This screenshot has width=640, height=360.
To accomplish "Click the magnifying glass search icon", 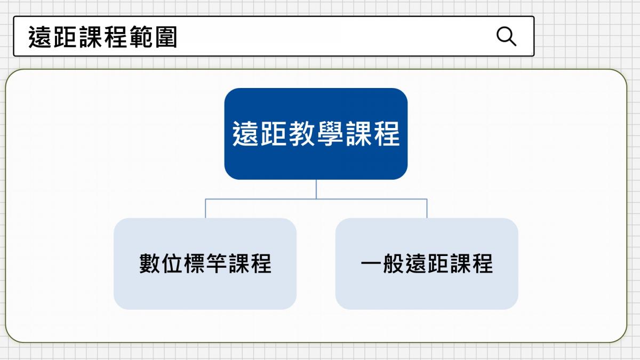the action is (x=506, y=36).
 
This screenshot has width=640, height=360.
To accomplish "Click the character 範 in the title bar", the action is (x=141, y=37).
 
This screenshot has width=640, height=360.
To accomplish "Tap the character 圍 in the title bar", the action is (x=166, y=37).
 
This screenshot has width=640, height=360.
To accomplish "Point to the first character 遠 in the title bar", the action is (x=40, y=37).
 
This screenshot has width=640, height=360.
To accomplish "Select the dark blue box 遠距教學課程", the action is (x=316, y=134).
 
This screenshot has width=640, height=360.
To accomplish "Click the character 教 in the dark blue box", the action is (x=302, y=134).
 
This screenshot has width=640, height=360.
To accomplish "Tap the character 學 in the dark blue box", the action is (x=330, y=134).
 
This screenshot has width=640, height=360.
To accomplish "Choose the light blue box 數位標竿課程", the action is (x=205, y=263).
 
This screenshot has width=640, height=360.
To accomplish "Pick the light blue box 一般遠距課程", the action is (x=427, y=263).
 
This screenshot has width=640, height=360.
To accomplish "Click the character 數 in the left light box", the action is (x=149, y=263).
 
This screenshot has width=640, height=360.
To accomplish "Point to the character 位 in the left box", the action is (x=172, y=263).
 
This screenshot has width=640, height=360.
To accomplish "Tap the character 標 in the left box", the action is (x=194, y=263).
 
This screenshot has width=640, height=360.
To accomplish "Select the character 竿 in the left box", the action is (x=217, y=263).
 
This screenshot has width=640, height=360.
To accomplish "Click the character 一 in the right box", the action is (x=371, y=263).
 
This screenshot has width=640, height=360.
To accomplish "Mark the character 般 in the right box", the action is (x=394, y=263).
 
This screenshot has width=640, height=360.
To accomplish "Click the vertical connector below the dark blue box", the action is (x=316, y=189).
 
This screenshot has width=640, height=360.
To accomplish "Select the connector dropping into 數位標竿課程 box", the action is (x=205, y=209).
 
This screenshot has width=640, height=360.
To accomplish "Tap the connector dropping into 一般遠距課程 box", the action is (x=427, y=209).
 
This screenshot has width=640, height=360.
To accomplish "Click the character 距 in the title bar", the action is (x=65, y=37).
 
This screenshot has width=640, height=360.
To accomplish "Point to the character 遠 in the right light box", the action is (x=415, y=263).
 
